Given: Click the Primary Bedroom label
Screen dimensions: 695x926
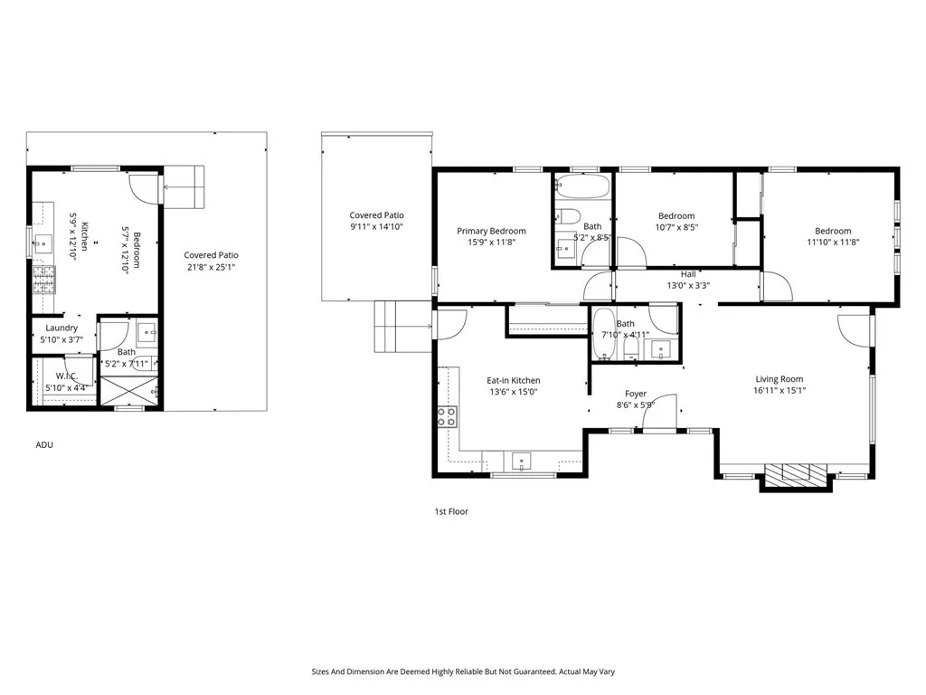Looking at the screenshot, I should (491, 231).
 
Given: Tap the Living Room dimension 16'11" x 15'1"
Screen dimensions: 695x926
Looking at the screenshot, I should (780, 391).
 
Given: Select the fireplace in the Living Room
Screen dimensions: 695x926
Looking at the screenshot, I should (796, 475).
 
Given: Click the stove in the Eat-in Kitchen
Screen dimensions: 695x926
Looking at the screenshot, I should (447, 416).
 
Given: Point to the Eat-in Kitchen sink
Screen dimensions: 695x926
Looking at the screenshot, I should (523, 462).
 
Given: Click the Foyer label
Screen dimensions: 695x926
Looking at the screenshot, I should (636, 394).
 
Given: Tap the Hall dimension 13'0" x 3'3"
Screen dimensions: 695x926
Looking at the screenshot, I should (688, 285).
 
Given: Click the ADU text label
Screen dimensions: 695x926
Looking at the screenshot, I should (44, 444).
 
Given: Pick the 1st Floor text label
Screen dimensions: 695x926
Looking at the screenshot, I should (451, 511).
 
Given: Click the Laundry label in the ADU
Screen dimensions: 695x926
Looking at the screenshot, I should (61, 328).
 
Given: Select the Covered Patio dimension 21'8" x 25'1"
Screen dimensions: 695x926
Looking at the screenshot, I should (211, 267).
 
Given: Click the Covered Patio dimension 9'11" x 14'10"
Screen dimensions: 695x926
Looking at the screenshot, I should (376, 227).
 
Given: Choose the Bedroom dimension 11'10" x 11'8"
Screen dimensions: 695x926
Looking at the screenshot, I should (832, 243).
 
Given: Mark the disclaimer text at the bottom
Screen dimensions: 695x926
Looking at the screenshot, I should (463, 671).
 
